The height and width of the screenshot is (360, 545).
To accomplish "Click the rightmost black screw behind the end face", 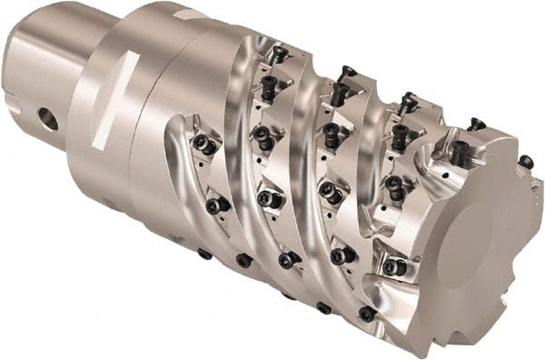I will point(525,162).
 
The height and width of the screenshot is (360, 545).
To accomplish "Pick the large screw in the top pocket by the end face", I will point(461,155).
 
